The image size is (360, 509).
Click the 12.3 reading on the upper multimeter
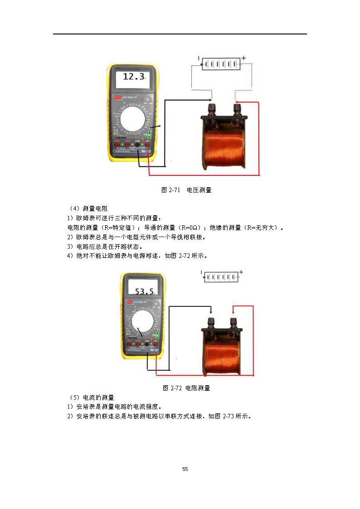point(133,77)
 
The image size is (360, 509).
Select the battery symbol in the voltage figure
point(221,64)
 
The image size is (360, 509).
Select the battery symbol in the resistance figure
point(221,276)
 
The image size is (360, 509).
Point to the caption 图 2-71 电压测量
point(187,190)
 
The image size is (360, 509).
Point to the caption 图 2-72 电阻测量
point(186,388)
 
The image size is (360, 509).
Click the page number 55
point(185,469)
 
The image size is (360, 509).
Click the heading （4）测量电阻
point(87,208)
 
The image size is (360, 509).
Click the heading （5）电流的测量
point(90,398)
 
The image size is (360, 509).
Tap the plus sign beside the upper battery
point(243,58)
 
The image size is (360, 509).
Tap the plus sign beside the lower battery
point(241,272)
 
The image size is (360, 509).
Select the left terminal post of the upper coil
point(211,109)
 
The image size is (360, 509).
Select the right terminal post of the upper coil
point(237,109)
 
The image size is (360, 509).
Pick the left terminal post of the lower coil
point(211,322)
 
